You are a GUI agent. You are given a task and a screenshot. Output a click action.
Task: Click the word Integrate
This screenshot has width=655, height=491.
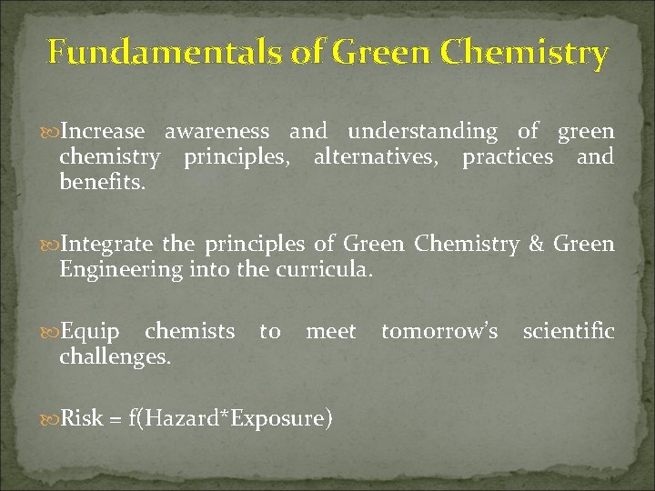(106, 245)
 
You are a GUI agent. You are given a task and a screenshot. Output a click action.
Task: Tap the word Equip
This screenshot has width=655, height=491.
(88, 333)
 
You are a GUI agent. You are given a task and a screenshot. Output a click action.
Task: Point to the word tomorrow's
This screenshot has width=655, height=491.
(439, 333)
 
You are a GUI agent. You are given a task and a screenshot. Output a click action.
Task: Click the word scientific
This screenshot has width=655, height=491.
(569, 333)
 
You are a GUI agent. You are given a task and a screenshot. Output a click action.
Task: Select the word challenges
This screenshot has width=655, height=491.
(115, 358)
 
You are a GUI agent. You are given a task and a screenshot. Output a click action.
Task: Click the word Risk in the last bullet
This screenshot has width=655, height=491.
(83, 419)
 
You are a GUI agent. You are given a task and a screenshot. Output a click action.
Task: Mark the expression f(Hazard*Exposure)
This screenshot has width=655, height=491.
(230, 419)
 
